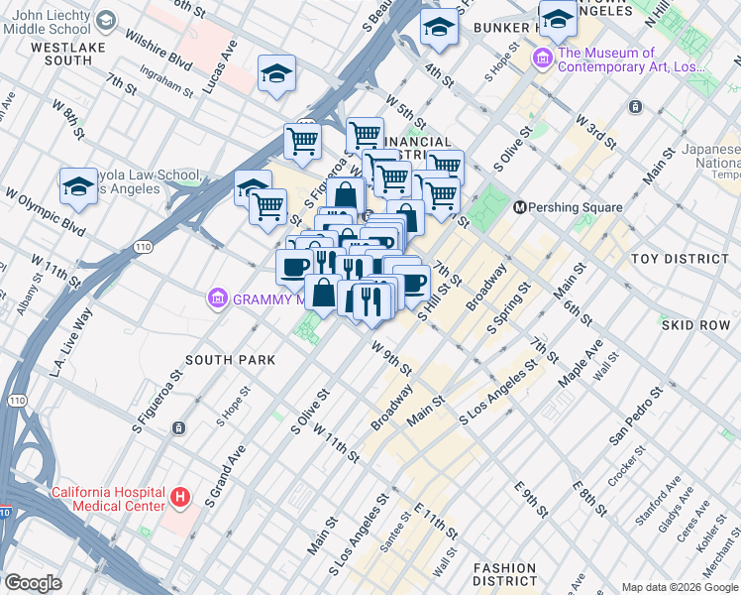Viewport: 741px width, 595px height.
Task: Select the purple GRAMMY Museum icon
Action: point(217,297)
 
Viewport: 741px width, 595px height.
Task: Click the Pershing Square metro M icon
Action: point(519,207)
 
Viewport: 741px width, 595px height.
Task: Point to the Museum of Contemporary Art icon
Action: point(542,59)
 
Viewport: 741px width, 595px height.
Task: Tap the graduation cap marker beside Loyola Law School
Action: point(78,186)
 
